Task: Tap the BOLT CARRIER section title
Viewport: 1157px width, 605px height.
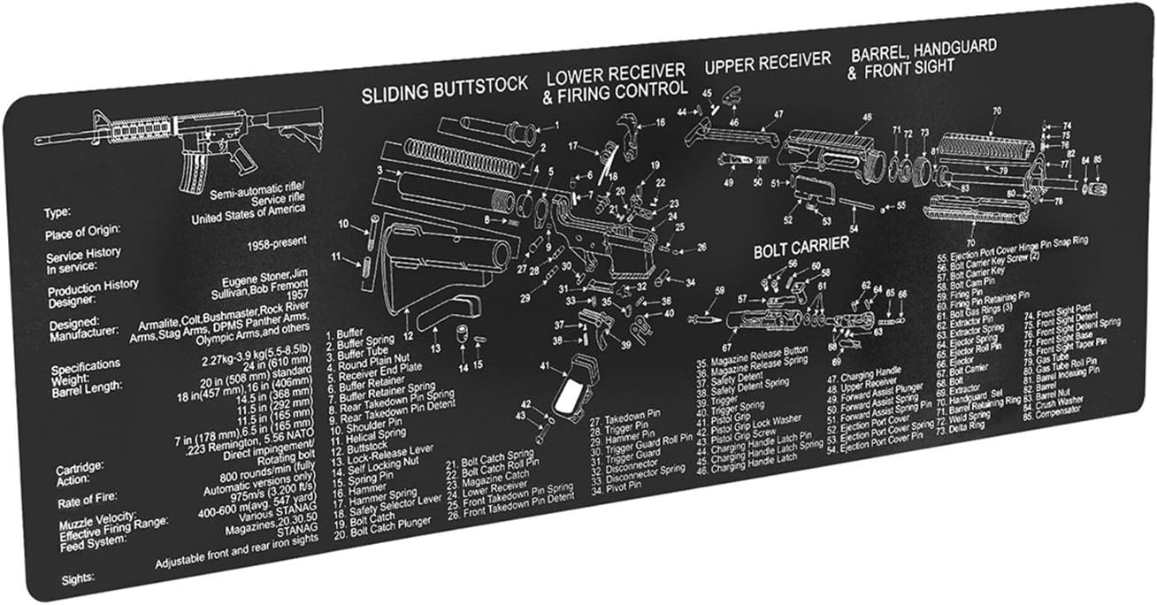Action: [801, 242]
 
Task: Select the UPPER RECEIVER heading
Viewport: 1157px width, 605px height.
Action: [768, 62]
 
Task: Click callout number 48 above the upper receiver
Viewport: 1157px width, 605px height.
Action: [866, 117]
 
